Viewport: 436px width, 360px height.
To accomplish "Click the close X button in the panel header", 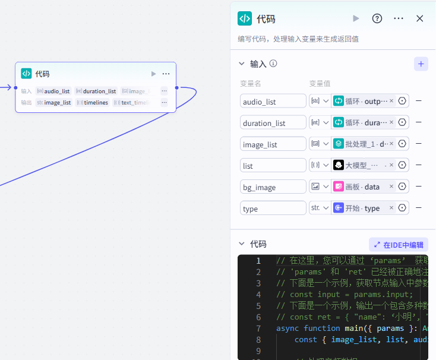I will [420, 18].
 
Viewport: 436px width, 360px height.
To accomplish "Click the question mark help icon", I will [377, 18].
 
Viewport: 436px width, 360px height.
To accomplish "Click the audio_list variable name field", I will [273, 102].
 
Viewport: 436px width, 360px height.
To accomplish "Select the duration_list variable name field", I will [273, 123].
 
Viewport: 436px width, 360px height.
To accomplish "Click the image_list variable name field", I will [273, 144].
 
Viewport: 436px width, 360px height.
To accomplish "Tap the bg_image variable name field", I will [273, 187].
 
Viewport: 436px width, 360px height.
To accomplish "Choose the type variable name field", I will [273, 209].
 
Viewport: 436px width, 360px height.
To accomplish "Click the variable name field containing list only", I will [273, 166].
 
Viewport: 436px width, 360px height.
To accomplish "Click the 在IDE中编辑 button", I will [399, 244].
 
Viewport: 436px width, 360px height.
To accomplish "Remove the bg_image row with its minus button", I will [419, 187].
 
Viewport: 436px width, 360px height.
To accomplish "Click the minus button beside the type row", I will [419, 208].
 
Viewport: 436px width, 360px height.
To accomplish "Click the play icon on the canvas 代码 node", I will [154, 74].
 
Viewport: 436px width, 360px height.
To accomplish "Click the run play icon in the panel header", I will [356, 18].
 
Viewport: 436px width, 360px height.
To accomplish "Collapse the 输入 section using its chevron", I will [242, 64].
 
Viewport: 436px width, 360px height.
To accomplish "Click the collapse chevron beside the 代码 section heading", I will [242, 244].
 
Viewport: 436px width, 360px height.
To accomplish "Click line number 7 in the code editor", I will [258, 328].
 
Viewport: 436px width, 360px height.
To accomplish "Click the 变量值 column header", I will [320, 84].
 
